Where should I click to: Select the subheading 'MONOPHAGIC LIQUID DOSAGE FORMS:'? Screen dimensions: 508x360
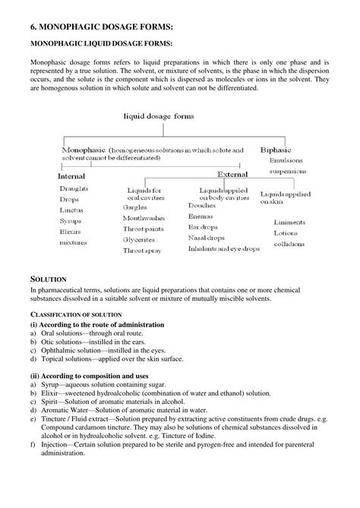tap(101, 45)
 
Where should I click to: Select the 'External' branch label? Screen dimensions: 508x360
tap(233, 174)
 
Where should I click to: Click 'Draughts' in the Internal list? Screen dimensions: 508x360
tap(74, 188)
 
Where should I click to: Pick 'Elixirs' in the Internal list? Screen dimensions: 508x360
tap(72, 231)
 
